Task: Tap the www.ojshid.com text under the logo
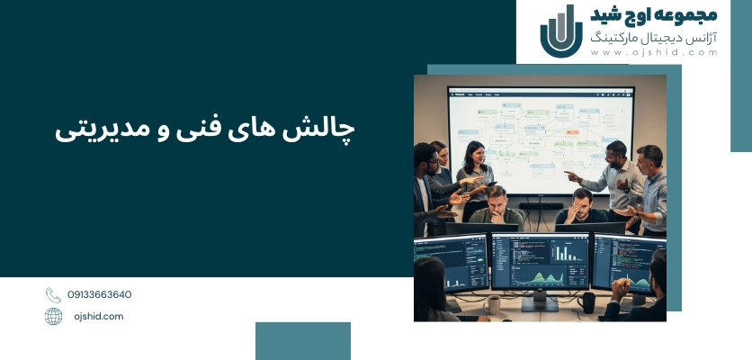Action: tap(655, 52)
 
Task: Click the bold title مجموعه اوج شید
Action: tap(654, 15)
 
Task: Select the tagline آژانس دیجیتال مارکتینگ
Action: tap(654, 36)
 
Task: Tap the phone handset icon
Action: tap(54, 294)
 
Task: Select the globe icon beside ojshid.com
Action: tap(54, 316)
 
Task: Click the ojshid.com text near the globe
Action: tap(99, 316)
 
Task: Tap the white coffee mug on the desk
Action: tap(492, 304)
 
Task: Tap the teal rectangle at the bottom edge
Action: tap(302, 341)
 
